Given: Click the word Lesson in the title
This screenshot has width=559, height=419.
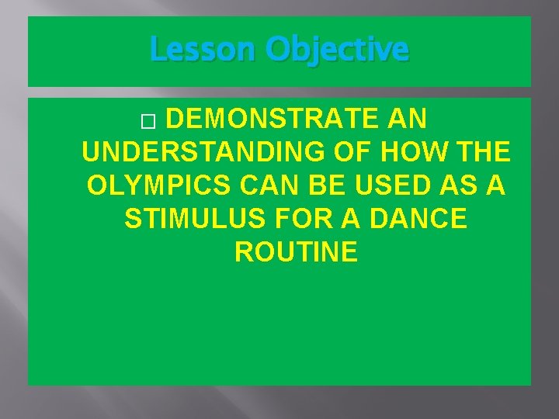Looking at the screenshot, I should tap(203, 50).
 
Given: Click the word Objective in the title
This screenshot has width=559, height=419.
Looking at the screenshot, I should tap(336, 50).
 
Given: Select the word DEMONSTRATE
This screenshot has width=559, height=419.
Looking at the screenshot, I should tap(273, 120).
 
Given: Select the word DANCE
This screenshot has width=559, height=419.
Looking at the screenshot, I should tap(420, 219).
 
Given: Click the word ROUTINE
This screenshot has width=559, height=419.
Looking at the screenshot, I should tap(296, 252).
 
